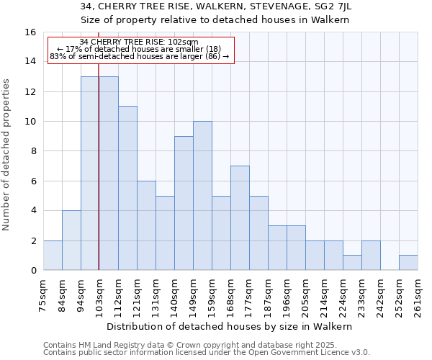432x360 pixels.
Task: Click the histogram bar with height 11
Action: coord(127,188)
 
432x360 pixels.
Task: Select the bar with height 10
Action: coord(202,196)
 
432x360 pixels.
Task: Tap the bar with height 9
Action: coord(184,203)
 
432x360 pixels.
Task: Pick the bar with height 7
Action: coord(240,218)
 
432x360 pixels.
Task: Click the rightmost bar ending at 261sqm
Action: coord(408,263)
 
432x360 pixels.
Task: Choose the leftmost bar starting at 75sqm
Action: coord(53,256)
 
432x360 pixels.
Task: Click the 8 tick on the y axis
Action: coord(33,151)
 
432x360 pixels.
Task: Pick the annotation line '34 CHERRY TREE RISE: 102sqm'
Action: coord(139,42)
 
